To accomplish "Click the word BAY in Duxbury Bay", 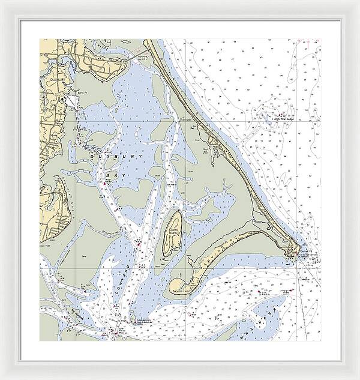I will (110, 175).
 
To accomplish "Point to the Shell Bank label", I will (186, 120).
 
